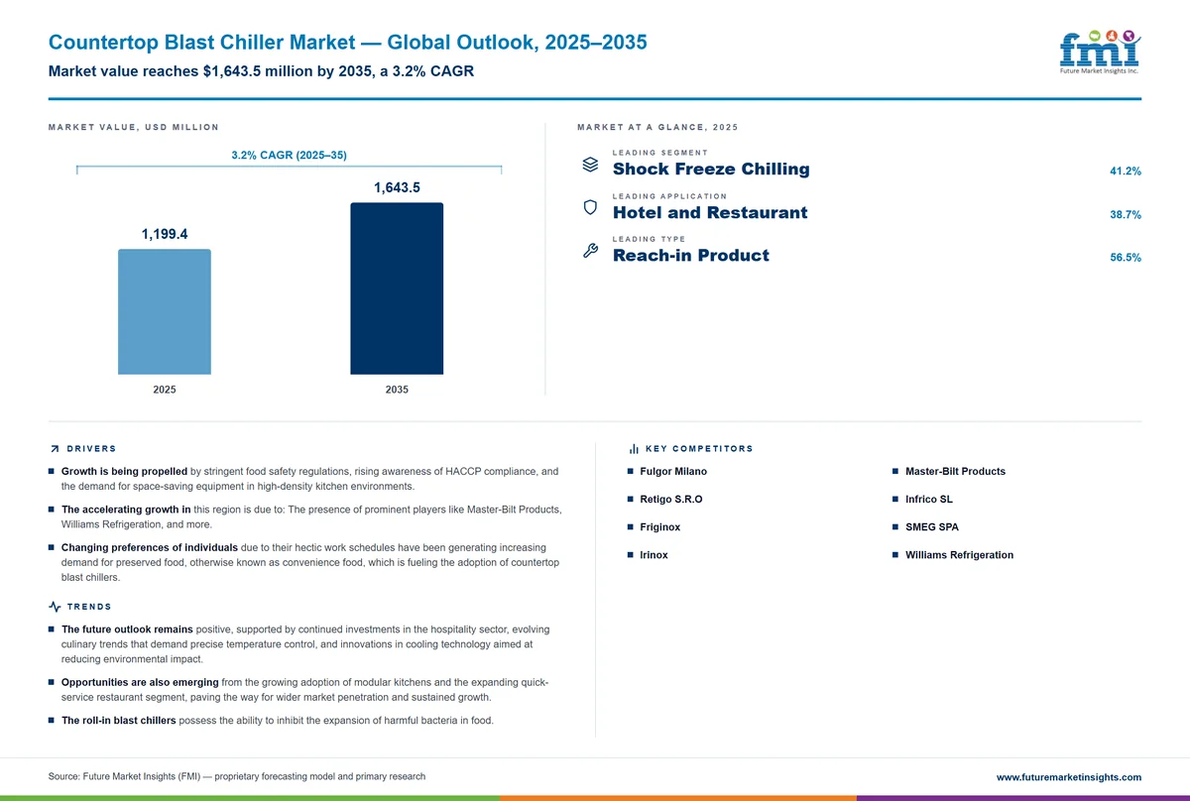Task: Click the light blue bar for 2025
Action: [165, 312]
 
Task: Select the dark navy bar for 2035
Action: [397, 288]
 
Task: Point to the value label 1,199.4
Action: [165, 234]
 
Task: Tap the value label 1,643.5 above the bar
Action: [397, 187]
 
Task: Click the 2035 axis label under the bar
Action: [397, 390]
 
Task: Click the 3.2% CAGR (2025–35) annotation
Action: [289, 155]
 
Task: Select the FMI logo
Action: [1100, 52]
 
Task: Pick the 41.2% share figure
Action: [1126, 172]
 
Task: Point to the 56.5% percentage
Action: [1126, 258]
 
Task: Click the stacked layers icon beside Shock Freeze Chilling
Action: [590, 165]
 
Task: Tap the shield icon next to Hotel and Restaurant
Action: [590, 207]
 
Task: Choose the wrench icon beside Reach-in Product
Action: [590, 250]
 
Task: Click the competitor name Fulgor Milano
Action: [673, 471]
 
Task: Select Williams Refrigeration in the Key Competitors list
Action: [960, 555]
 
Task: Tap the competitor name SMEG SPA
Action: [932, 527]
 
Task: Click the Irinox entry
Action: [654, 555]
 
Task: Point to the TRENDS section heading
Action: [89, 607]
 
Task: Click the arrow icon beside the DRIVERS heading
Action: [55, 449]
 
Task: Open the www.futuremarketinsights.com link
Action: [1069, 777]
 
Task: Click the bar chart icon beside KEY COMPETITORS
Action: [634, 449]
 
